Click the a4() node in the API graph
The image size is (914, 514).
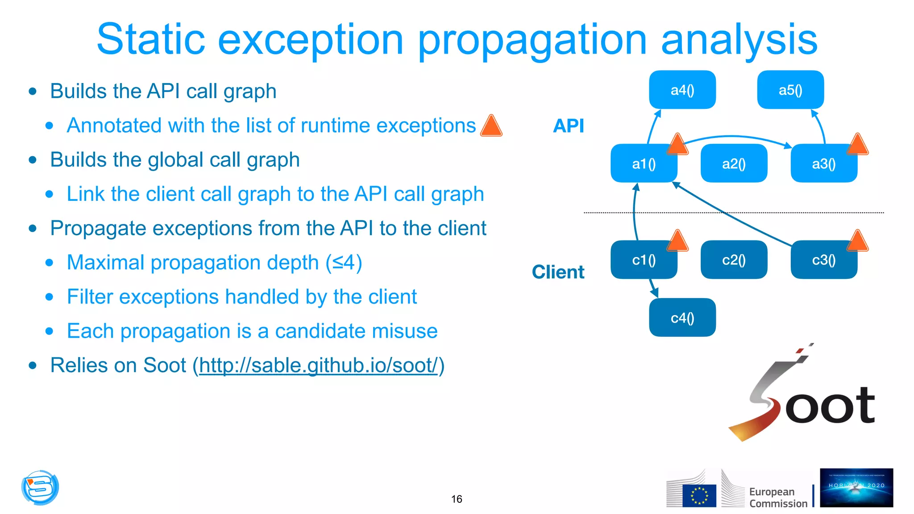(x=682, y=90)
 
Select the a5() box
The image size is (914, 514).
(x=790, y=90)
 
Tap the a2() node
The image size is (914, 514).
(x=733, y=163)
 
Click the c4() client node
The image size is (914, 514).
(x=682, y=317)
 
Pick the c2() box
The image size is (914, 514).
(x=733, y=260)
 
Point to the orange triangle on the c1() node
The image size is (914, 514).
(x=677, y=242)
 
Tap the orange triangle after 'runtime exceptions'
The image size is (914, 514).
(x=491, y=126)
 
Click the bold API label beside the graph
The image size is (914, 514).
(x=568, y=126)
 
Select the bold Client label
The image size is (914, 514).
(x=558, y=272)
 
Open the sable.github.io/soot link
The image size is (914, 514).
(x=318, y=365)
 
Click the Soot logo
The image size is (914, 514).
(x=803, y=397)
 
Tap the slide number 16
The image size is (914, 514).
(x=457, y=499)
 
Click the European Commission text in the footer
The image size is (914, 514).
(x=777, y=497)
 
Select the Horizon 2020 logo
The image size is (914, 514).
(x=856, y=487)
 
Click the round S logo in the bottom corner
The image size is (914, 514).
(x=40, y=487)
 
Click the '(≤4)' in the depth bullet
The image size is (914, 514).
(x=344, y=262)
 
